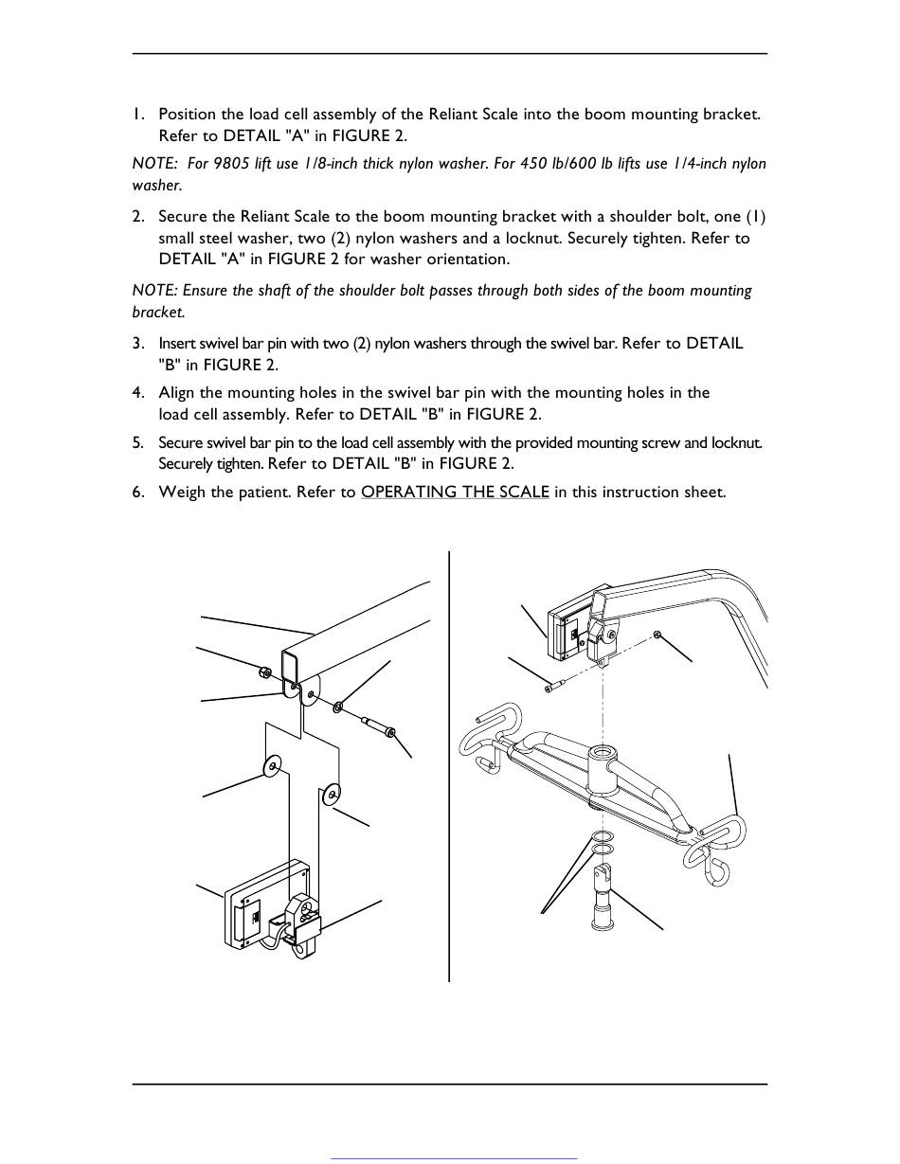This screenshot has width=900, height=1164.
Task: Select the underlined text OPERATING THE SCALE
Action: (x=456, y=492)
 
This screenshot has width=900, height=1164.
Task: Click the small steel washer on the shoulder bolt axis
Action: (x=338, y=707)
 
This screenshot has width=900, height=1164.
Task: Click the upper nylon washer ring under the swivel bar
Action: (x=603, y=836)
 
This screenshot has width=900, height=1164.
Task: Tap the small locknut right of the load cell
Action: (x=657, y=635)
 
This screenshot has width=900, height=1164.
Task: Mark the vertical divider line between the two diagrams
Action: (x=449, y=766)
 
